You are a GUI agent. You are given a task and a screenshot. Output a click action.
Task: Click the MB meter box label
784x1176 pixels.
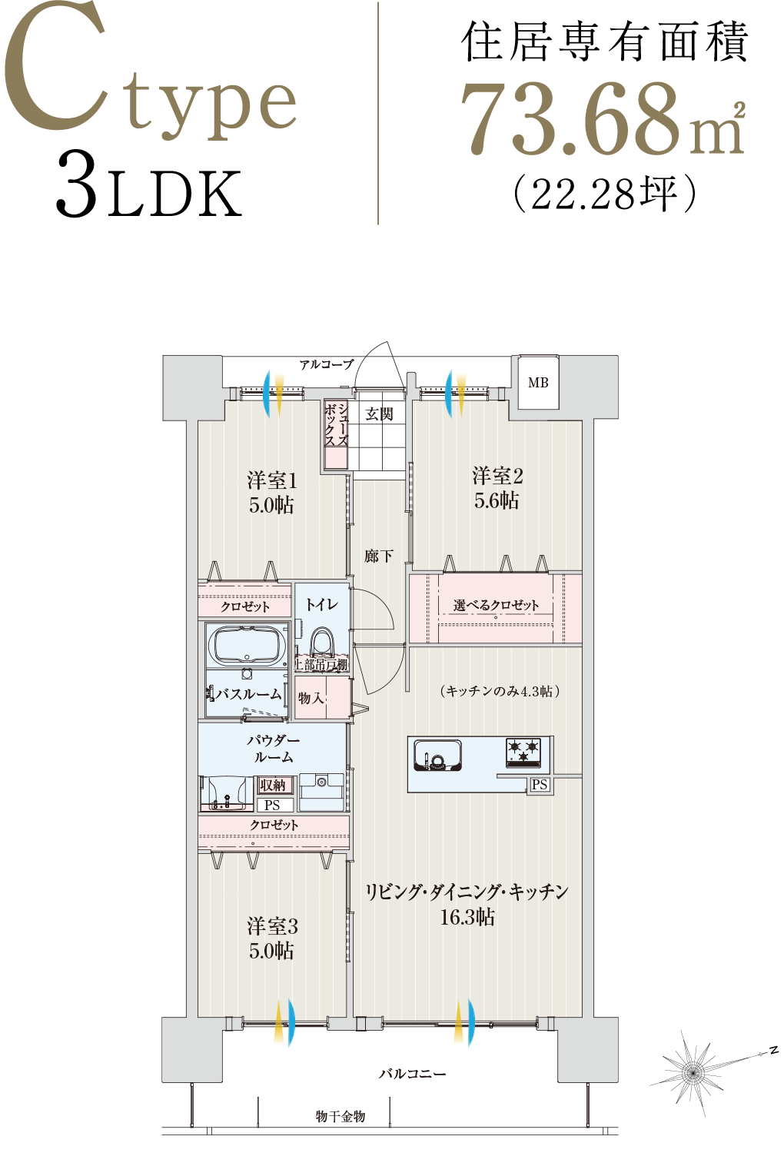538,383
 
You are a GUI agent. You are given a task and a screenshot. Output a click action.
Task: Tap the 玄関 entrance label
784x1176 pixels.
379,414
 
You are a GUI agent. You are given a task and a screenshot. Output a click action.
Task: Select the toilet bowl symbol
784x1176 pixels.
322,641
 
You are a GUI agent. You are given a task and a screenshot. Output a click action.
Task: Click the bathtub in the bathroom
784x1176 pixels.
245,646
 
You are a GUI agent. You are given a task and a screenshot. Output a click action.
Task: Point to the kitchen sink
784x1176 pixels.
437,756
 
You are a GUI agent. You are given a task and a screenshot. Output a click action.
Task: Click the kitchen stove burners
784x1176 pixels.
523,752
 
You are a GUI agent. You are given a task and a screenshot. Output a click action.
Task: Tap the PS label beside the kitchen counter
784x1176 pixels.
540,785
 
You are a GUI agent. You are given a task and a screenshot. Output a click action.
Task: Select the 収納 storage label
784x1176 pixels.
273,785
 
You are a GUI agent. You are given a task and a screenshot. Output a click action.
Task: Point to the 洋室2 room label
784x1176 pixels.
497,476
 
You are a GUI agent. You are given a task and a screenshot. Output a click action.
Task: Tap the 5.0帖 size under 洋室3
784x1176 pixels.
271,952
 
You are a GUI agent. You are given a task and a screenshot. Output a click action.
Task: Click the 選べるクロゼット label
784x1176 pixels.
496,606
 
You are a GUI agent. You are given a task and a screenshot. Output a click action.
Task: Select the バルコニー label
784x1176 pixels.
412,1074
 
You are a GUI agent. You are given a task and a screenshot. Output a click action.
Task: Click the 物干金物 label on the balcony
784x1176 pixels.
341,1117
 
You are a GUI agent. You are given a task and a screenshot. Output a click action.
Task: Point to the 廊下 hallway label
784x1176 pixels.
379,556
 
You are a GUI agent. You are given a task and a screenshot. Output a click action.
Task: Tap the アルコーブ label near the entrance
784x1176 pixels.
327,364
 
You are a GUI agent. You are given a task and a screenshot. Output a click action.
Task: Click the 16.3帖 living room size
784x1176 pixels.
467,917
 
